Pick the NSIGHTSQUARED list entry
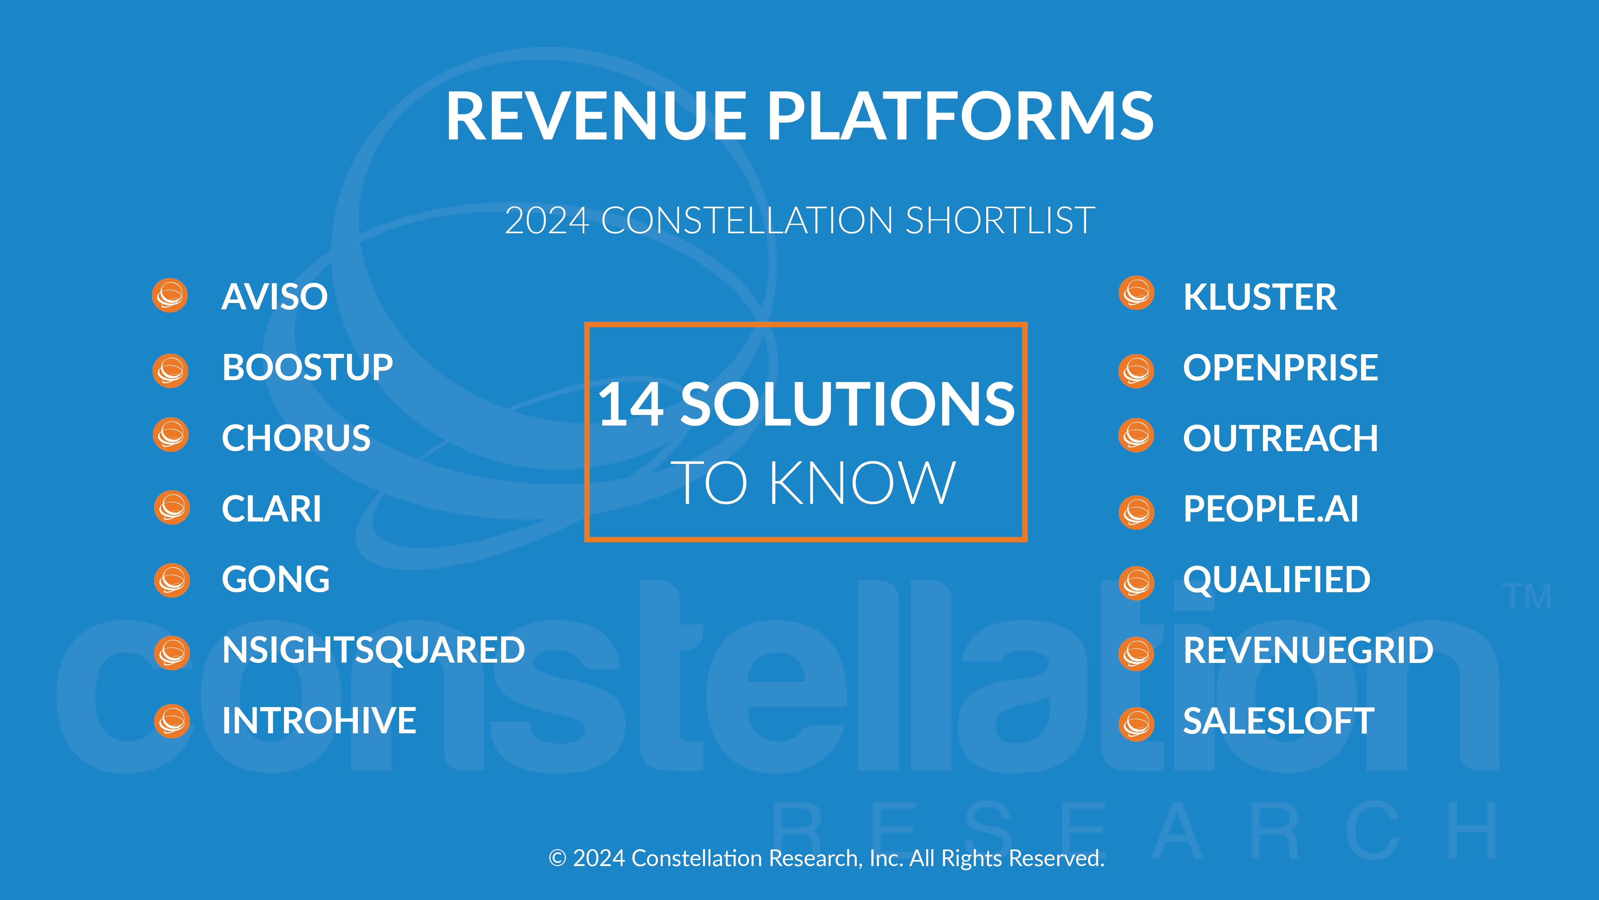[x=374, y=650]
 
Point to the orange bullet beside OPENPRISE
[x=1137, y=371]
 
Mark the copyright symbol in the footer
[x=557, y=858]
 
